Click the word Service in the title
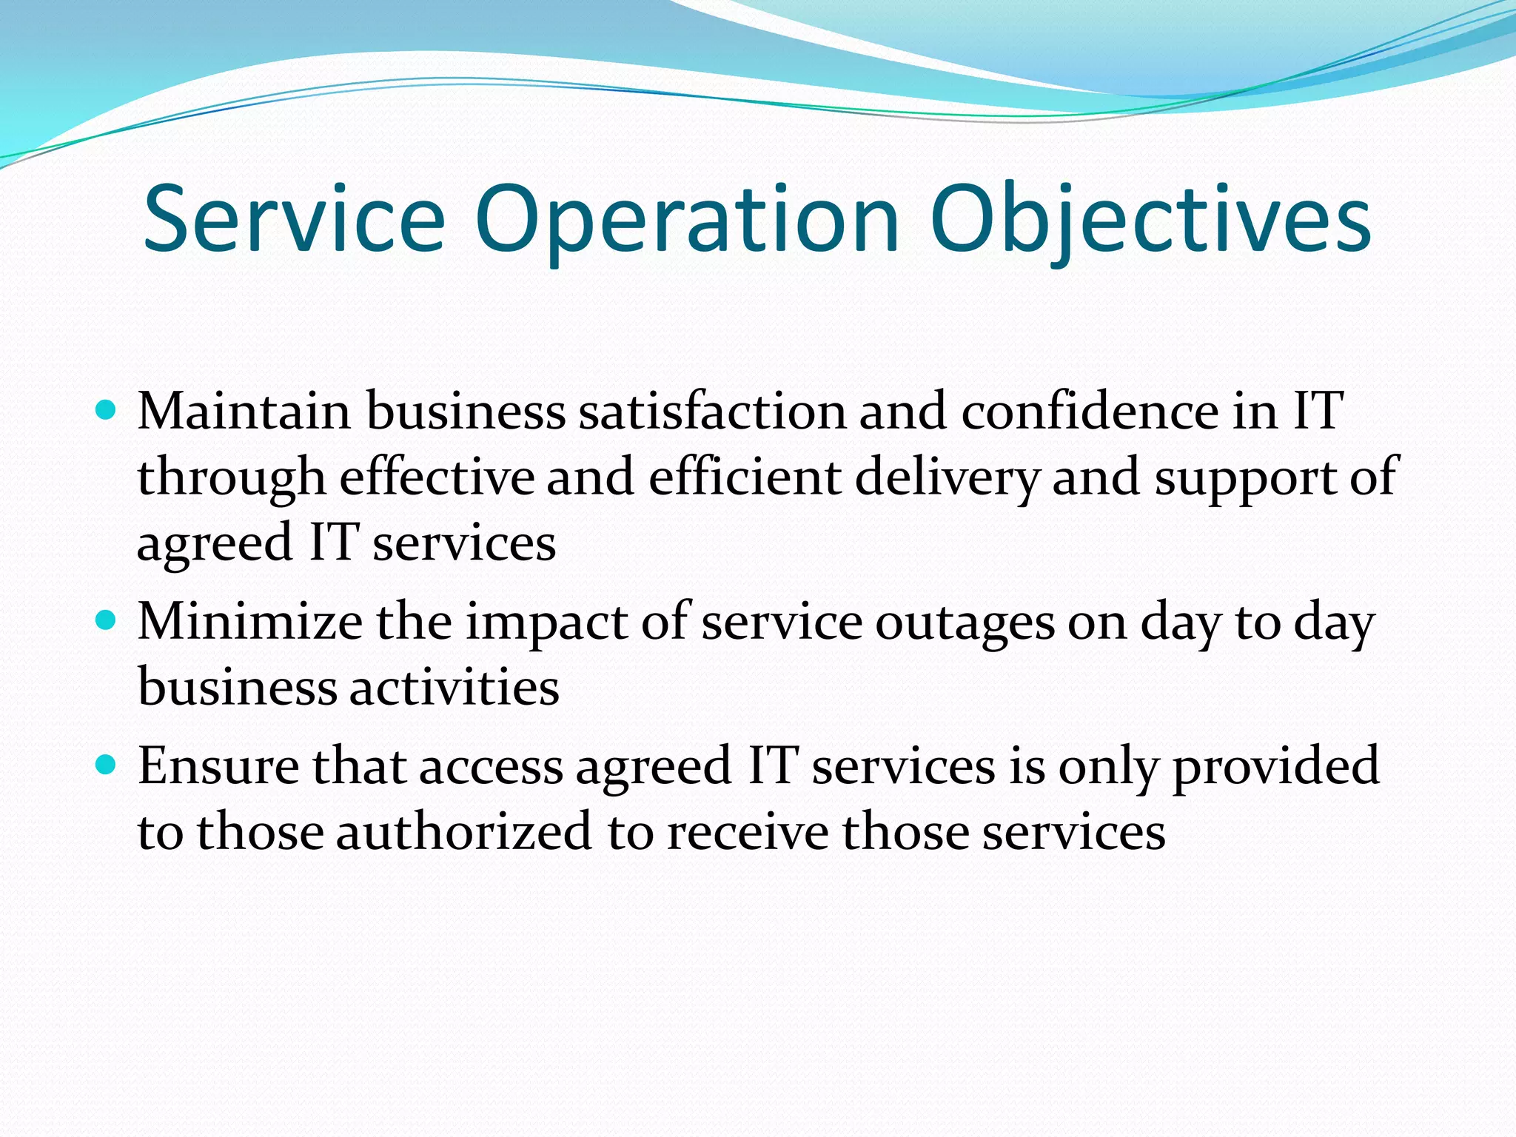(294, 219)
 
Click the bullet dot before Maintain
(107, 409)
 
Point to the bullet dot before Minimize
(107, 620)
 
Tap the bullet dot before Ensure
(107, 764)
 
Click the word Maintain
(244, 411)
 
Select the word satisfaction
(712, 411)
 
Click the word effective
(437, 477)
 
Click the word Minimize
(250, 621)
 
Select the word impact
(547, 624)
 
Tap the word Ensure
(218, 765)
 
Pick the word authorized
(464, 831)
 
